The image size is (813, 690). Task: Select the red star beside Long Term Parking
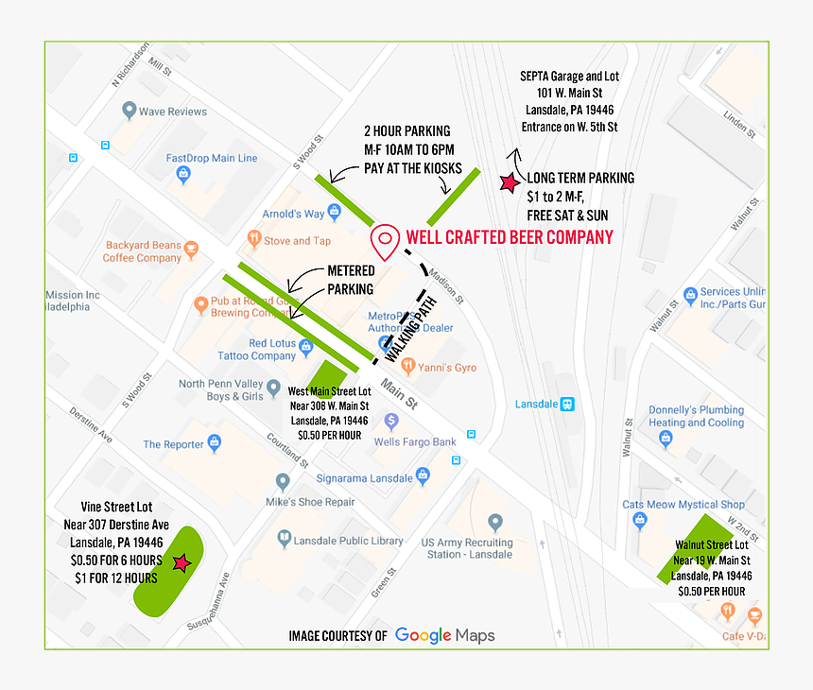508,182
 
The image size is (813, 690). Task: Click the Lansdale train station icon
567,404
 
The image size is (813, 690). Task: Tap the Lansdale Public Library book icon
284,540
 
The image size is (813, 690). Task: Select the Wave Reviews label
172,112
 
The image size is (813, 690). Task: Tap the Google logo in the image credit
423,635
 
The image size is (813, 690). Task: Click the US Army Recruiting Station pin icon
494,522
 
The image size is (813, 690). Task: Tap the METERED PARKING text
351,280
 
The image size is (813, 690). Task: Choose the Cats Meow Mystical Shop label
697,505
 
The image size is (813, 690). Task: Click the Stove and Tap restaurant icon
253,238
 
